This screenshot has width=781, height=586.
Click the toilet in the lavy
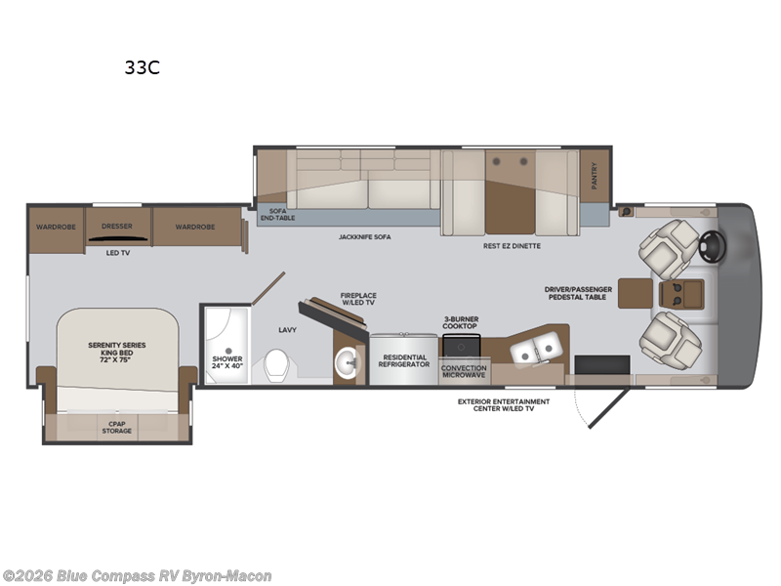coord(276,367)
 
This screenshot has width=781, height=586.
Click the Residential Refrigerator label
coord(403,361)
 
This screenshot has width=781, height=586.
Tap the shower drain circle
coord(226,350)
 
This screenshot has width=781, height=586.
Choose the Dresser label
coord(117,226)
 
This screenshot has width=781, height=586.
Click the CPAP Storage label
coord(116,426)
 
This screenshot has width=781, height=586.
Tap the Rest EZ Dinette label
coord(512,246)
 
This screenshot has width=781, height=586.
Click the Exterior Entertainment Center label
coord(504,404)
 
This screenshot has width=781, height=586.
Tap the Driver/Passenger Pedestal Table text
coord(579,292)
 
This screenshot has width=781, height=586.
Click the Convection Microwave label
coord(464,371)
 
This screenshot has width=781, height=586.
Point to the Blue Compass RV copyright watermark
coord(137,576)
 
